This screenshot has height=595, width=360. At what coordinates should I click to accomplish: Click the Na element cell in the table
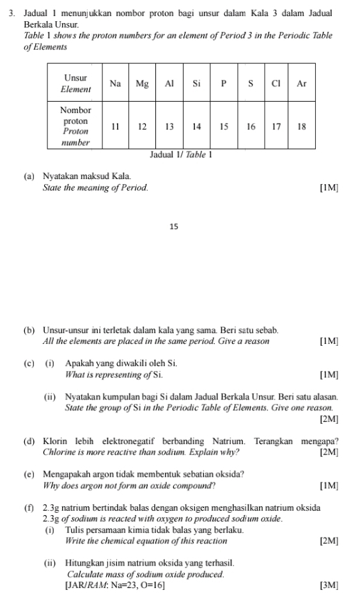116,83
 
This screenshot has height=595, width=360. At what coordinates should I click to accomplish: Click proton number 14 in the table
197,127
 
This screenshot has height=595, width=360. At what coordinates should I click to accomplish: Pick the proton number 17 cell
277,127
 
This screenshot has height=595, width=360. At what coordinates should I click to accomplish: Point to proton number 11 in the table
116,127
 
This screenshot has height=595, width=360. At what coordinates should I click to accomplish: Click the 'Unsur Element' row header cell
75,83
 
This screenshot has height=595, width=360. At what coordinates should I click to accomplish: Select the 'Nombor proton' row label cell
75,126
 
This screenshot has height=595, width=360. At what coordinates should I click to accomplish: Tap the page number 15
175,226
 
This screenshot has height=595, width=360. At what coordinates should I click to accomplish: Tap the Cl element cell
277,83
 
